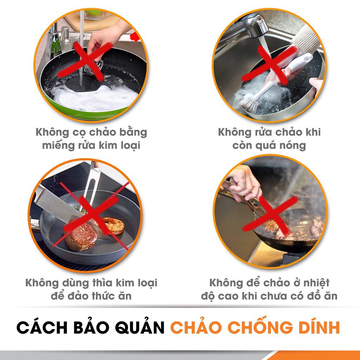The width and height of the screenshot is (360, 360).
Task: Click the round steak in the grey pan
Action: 81,236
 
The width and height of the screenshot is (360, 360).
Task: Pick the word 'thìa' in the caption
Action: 103,283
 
